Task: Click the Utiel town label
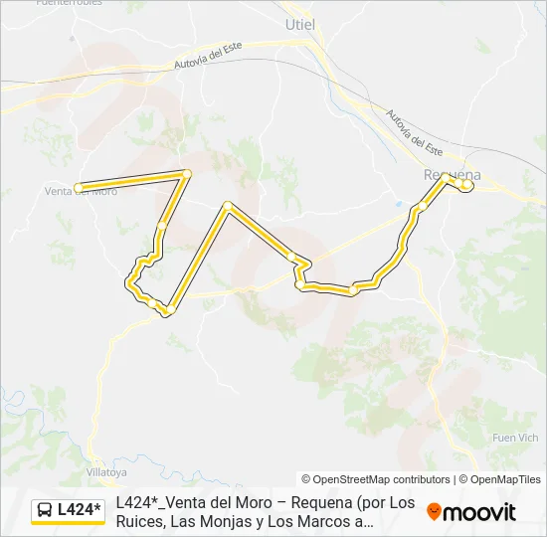click(299, 23)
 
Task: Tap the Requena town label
click(453, 174)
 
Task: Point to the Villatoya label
click(109, 472)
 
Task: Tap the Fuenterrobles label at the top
click(69, 3)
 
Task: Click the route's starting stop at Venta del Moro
click(78, 187)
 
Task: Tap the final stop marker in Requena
click(466, 185)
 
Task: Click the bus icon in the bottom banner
click(45, 511)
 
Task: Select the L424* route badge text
click(80, 511)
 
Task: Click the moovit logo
click(471, 512)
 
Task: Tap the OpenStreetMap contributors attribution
click(376, 479)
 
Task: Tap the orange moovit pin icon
click(434, 512)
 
